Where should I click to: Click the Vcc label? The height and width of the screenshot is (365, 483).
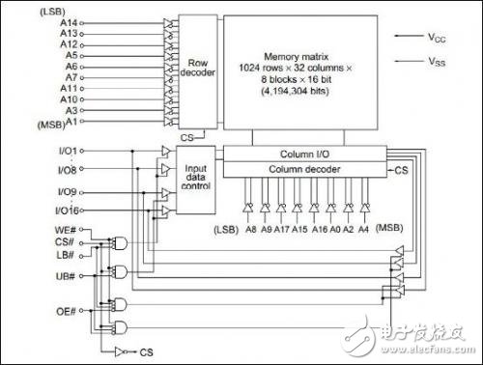tap(438, 38)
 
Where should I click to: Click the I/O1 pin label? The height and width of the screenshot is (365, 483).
tap(67, 152)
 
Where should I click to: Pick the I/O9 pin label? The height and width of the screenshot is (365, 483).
tap(67, 190)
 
